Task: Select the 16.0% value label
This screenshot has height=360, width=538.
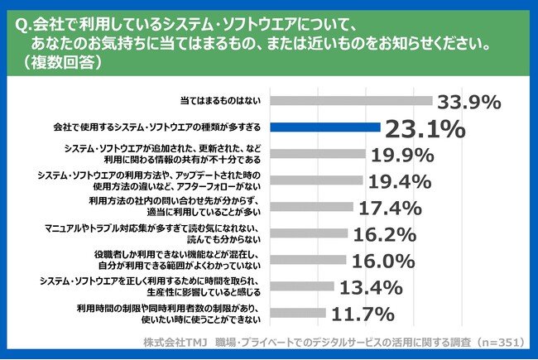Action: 382,261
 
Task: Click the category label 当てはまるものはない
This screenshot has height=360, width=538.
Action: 222,102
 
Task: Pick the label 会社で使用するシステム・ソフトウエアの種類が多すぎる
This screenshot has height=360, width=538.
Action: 157,128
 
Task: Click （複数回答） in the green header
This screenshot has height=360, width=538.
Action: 65,61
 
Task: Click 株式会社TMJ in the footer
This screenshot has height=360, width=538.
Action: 175,341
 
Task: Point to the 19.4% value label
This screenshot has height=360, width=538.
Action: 399,180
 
